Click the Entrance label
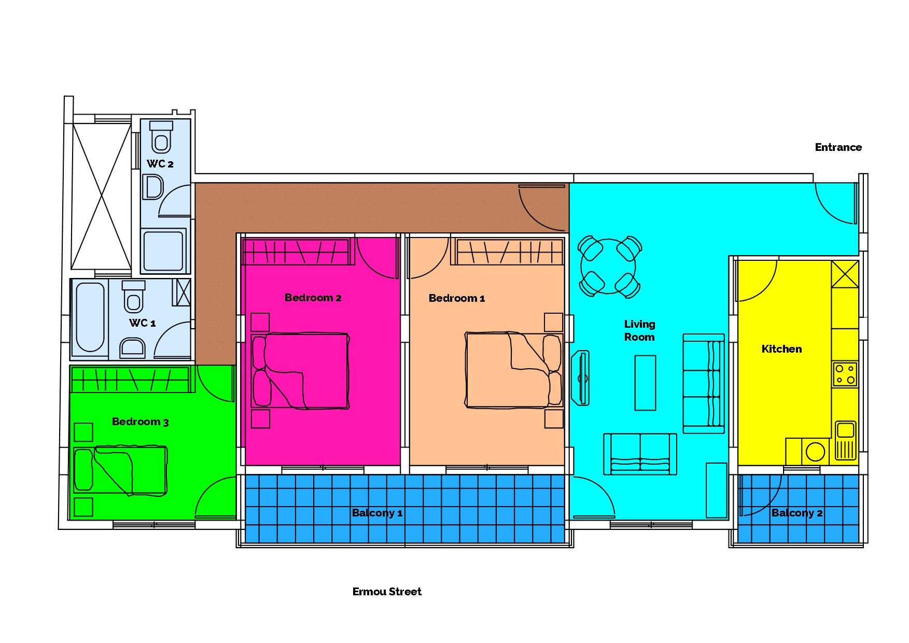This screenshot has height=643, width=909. click(838, 147)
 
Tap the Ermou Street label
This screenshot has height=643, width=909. click(387, 592)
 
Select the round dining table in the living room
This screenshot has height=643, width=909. click(608, 267)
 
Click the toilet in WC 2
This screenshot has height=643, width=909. click(161, 137)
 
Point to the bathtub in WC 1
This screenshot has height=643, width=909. click(90, 317)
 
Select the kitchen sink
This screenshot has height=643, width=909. click(845, 440)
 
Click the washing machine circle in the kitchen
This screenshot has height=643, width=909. click(816, 451)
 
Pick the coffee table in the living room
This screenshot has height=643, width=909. click(645, 383)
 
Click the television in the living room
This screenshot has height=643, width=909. click(581, 378)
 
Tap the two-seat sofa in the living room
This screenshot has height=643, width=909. click(640, 454)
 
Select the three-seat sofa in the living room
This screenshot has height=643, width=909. click(704, 383)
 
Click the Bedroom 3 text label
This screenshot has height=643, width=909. click(141, 422)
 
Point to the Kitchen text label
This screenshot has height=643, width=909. click(781, 349)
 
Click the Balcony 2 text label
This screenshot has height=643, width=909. click(797, 513)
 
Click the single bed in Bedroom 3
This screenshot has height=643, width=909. click(120, 470)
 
